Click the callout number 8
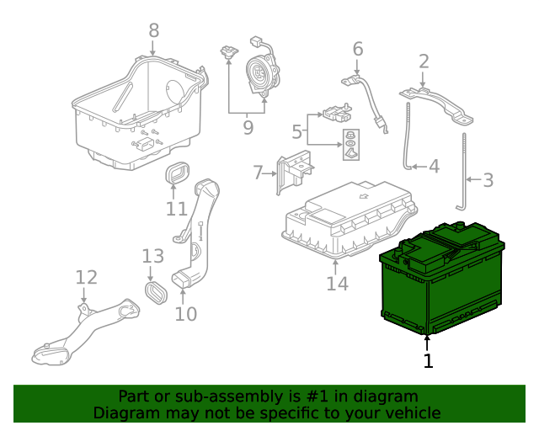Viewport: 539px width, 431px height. click(153, 31)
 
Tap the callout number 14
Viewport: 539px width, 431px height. click(337, 284)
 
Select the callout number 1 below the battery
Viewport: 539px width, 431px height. click(428, 361)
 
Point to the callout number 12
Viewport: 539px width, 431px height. click(86, 278)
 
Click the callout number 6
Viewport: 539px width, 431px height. click(358, 50)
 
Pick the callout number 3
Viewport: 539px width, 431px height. click(488, 179)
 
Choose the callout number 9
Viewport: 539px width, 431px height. click(248, 127)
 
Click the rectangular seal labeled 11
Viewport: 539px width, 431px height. click(176, 175)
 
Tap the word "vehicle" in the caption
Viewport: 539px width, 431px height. click(410, 412)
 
